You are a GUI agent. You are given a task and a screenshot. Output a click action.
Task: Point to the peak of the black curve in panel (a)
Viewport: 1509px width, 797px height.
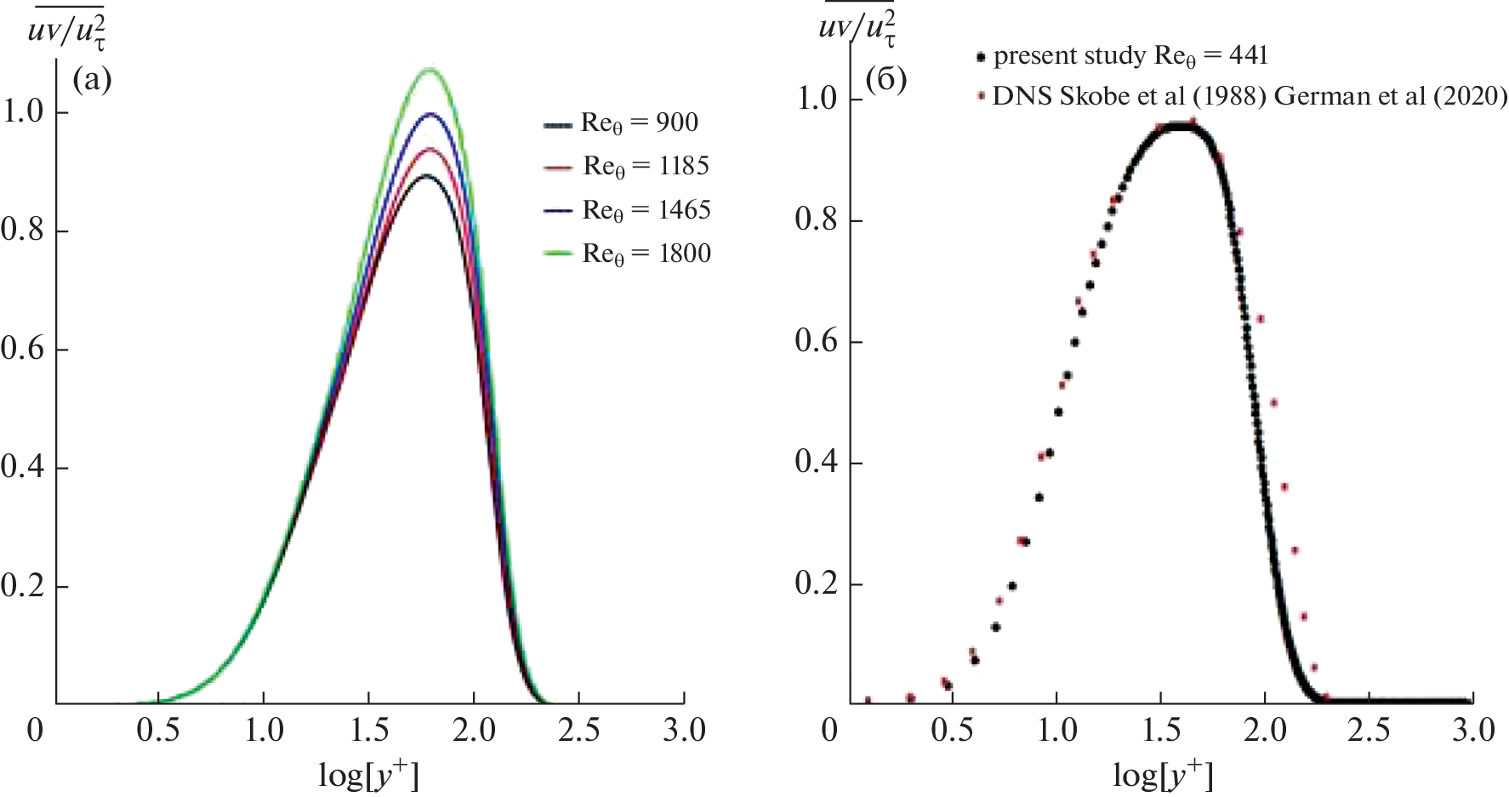click(x=427, y=176)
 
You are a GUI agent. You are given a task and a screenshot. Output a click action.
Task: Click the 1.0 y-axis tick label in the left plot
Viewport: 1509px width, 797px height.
click(x=23, y=111)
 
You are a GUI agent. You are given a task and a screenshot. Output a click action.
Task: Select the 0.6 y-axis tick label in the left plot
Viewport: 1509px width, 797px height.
click(x=23, y=349)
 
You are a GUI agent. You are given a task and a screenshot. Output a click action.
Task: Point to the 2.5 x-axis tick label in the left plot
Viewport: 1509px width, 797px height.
click(x=578, y=731)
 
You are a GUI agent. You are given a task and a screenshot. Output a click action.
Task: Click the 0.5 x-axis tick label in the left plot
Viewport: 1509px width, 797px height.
click(x=158, y=731)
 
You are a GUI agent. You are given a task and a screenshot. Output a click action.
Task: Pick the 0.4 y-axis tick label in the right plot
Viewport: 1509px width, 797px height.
click(x=817, y=462)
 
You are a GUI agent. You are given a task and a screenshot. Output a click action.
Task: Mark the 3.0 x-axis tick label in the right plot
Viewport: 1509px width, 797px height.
click(x=1473, y=731)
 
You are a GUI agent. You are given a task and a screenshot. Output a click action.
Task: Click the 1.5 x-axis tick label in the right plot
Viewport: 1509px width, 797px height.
click(x=1161, y=731)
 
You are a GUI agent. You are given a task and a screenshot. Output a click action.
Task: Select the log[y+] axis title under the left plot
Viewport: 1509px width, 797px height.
click(x=368, y=773)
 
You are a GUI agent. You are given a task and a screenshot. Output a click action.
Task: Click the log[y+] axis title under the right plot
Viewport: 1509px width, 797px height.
click(x=1162, y=773)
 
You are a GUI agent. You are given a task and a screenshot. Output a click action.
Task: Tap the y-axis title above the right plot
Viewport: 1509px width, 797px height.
click(x=856, y=27)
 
